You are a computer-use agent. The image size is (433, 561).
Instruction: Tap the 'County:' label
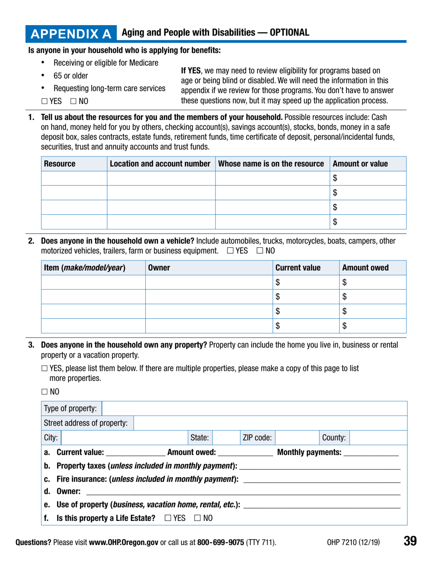click(334, 438)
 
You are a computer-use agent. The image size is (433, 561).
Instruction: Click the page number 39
click(410, 541)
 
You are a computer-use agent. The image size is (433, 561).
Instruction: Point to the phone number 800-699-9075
click(221, 542)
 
